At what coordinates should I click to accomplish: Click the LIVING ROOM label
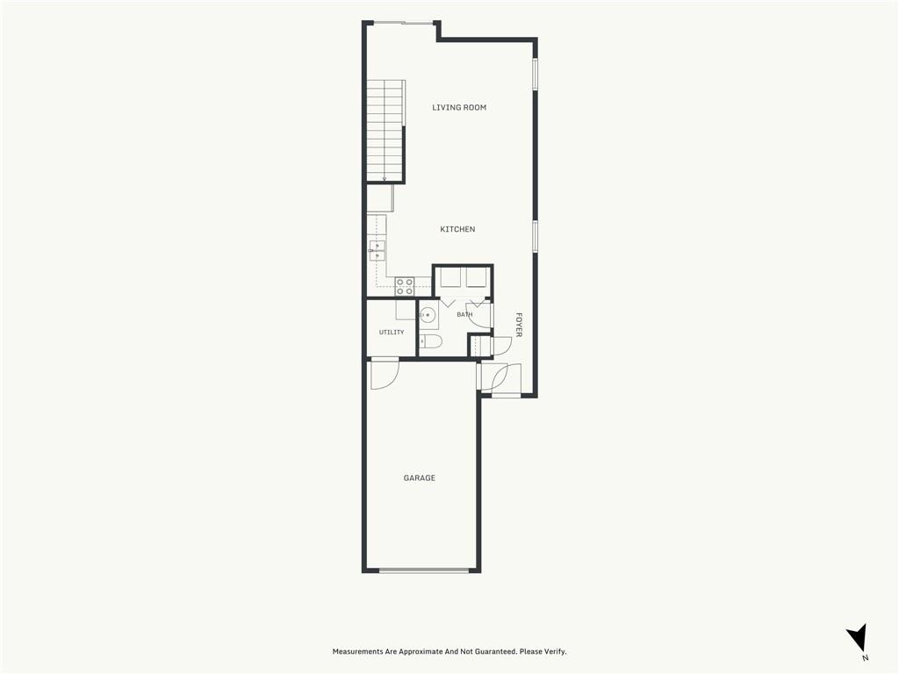pos(458,107)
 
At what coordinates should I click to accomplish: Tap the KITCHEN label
pos(457,229)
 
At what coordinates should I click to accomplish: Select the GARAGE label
pos(419,478)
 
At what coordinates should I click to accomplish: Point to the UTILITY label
pos(392,333)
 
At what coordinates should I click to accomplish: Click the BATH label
pos(464,315)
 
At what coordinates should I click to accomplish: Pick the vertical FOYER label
pos(518,325)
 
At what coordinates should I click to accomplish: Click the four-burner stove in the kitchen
pos(404,287)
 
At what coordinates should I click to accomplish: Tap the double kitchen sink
pos(377,251)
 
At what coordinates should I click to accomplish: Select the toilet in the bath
pos(430,342)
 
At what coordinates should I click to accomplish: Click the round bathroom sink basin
pos(428,315)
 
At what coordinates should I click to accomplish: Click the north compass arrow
pos(857,635)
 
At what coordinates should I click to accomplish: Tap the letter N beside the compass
pos(865,658)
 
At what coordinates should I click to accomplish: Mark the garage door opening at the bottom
pos(424,570)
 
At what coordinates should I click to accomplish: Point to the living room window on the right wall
pos(535,74)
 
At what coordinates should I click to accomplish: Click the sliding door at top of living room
pos(402,23)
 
